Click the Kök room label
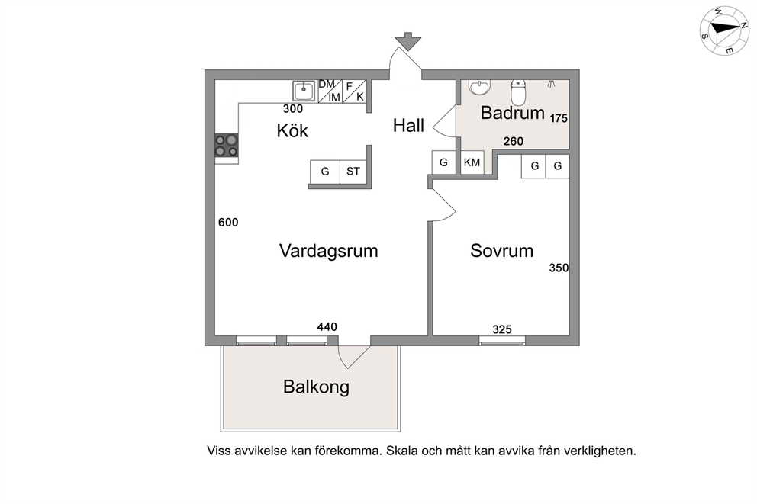[292, 130]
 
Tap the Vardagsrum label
[328, 250]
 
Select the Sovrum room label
[501, 250]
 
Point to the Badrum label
[512, 114]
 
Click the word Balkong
[316, 387]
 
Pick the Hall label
[408, 126]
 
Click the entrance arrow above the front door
[408, 40]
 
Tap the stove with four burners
[227, 145]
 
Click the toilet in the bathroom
[518, 92]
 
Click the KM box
[472, 163]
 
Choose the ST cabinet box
[353, 172]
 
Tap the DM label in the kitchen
[327, 84]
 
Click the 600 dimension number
[228, 223]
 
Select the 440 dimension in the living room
[327, 327]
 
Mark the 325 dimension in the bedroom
[501, 329]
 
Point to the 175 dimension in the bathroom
[559, 119]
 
